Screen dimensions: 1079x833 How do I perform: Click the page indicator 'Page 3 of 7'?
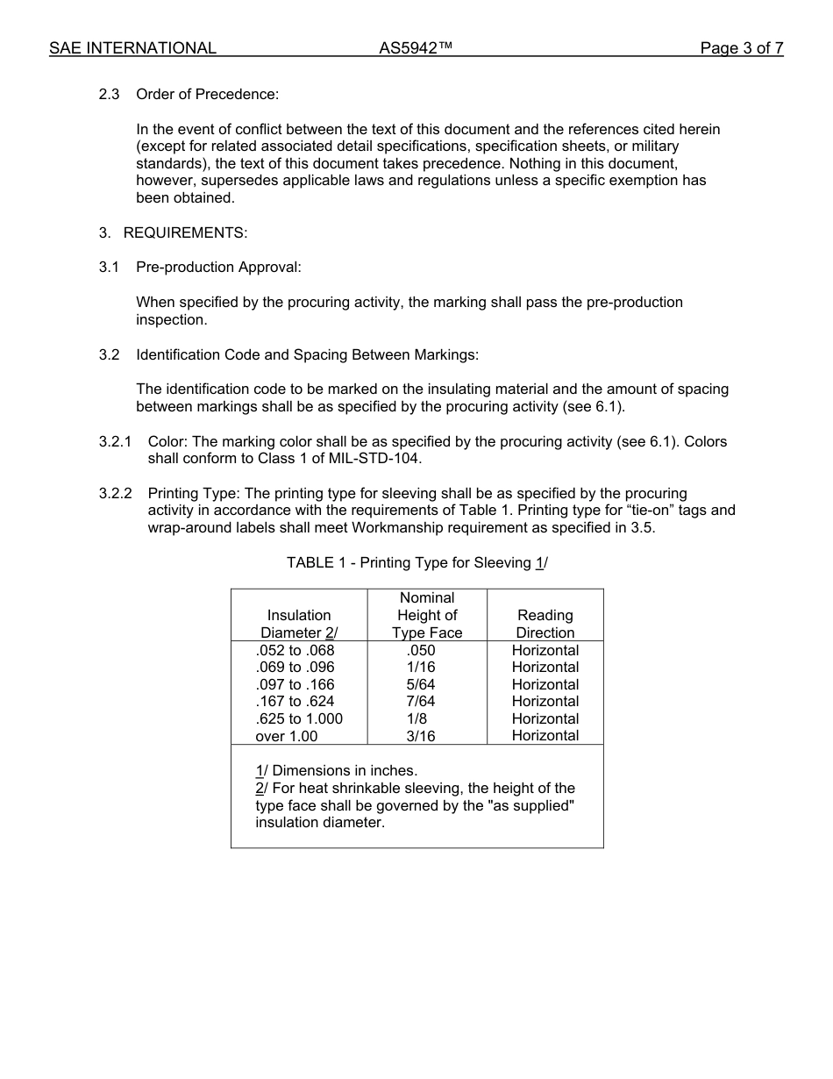click(741, 48)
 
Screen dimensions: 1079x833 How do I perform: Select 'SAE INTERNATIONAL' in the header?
click(132, 48)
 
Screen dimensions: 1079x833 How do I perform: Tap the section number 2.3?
click(109, 94)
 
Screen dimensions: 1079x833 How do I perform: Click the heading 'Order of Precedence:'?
click(207, 94)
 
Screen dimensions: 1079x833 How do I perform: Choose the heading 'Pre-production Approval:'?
click(218, 267)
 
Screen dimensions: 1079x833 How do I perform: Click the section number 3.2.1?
click(115, 441)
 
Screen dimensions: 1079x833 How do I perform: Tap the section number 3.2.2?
click(115, 493)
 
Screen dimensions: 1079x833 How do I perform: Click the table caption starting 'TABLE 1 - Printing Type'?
click(416, 562)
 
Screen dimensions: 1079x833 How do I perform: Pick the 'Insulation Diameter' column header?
click(299, 624)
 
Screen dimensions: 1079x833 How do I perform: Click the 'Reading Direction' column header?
click(545, 624)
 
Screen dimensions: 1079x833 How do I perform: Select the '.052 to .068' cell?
click(295, 650)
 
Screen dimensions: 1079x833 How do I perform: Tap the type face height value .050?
click(421, 650)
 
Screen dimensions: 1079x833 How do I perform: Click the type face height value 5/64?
click(421, 684)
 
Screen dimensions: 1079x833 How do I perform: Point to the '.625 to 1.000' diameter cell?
click(299, 718)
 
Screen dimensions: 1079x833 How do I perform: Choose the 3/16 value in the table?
click(421, 736)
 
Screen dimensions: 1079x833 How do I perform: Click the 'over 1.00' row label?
click(287, 736)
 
